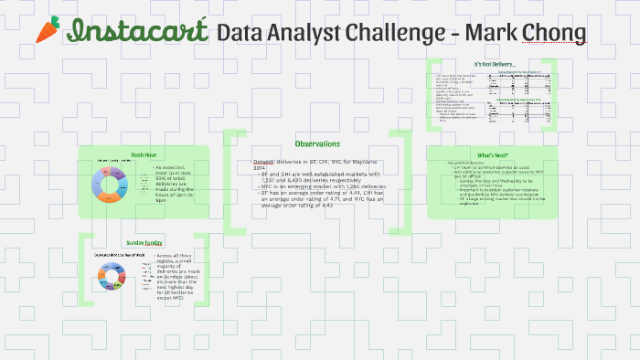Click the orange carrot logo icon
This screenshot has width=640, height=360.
[47, 30]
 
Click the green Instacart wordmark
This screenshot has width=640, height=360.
[138, 31]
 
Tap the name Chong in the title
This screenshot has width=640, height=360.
[552, 33]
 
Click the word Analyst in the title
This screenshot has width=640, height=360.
[306, 33]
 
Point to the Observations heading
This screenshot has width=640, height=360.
[317, 143]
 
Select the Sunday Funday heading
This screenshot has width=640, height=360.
[144, 242]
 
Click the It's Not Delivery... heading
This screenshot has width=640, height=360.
[492, 64]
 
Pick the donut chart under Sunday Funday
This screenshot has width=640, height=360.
[115, 273]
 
